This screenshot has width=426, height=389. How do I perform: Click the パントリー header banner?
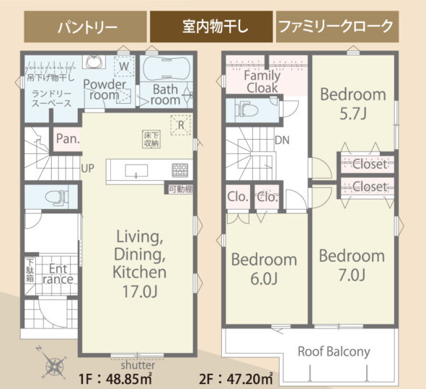(85, 27)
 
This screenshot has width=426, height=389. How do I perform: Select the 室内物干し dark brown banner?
(211, 27)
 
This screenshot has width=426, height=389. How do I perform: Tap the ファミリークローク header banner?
(337, 27)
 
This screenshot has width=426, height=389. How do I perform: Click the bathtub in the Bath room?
(167, 68)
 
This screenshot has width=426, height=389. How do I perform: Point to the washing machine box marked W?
(124, 66)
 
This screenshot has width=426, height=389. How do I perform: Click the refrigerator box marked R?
(181, 125)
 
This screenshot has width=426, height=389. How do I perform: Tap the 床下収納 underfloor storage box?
(151, 140)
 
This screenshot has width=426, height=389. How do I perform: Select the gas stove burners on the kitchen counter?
(180, 171)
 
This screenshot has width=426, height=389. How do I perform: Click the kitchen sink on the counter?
(136, 171)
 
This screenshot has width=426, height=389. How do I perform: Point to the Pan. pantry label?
(68, 139)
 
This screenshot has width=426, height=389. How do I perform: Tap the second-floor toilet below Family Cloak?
(246, 110)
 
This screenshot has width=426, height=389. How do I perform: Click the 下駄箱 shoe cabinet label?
(30, 270)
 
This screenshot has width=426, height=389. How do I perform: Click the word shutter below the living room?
(138, 365)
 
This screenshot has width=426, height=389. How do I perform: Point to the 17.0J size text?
(140, 291)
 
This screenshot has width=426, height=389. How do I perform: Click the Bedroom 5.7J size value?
(353, 114)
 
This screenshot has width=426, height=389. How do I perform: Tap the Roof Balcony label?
(334, 352)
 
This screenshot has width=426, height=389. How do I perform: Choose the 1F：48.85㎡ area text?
(115, 379)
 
